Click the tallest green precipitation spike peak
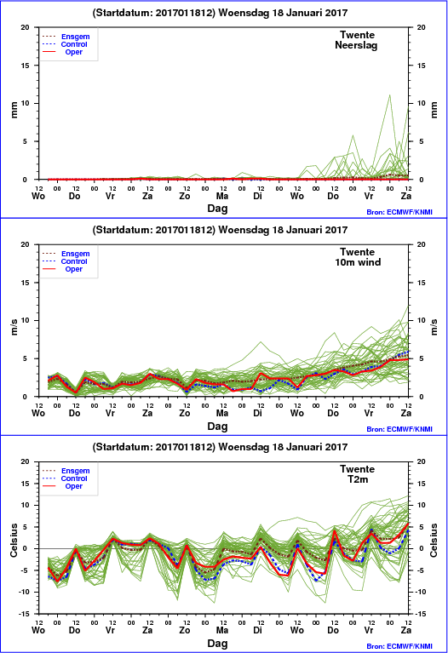point(389,95)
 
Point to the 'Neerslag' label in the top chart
point(356,45)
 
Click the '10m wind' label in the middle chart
point(358,262)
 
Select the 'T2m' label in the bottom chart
point(358,479)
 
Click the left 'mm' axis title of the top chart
point(14,110)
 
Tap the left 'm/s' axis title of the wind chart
point(14,327)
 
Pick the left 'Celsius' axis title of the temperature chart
point(14,541)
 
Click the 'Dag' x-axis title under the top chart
point(217,209)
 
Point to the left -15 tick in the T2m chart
point(25,614)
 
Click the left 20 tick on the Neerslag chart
point(26,27)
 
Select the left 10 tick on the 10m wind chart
point(26,321)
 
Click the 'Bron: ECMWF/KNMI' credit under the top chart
point(399,212)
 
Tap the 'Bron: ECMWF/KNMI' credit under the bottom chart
point(399,646)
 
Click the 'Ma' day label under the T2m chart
point(222,631)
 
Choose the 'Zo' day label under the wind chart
point(185,413)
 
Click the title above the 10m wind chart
point(220,230)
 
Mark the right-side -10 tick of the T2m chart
point(421,593)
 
